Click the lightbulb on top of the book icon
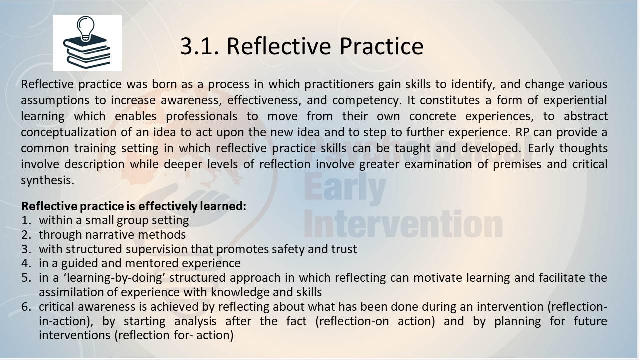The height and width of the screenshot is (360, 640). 85,29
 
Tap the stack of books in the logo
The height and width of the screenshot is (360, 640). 87,52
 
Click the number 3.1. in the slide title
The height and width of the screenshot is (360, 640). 199,46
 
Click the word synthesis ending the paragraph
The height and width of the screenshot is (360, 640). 47,181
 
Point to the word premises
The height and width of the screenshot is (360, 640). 517,165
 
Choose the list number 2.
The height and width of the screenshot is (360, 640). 26,235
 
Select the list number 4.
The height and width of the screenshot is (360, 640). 26,263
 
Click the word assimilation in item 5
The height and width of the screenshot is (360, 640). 71,292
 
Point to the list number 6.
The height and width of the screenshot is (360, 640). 26,307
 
